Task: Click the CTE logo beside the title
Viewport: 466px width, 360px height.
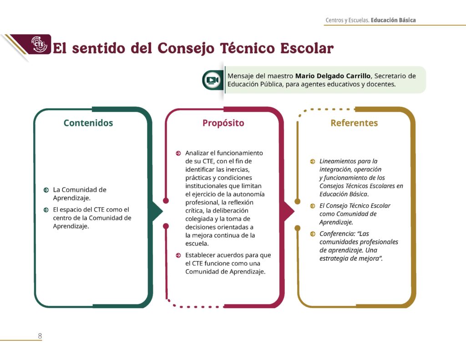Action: pyautogui.click(x=39, y=44)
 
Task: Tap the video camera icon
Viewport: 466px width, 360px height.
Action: pyautogui.click(x=213, y=80)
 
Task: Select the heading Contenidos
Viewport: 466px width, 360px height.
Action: pyautogui.click(x=88, y=123)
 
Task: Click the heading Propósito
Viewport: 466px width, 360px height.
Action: pyautogui.click(x=223, y=123)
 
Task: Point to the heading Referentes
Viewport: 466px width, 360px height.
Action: pyautogui.click(x=354, y=123)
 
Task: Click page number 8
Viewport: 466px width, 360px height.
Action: pyautogui.click(x=40, y=336)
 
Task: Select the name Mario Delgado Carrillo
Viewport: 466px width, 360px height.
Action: pyautogui.click(x=333, y=76)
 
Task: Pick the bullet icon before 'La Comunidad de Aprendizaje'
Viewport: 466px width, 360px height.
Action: pyautogui.click(x=46, y=190)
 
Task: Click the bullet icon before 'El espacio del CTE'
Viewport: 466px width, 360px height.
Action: pyautogui.click(x=46, y=210)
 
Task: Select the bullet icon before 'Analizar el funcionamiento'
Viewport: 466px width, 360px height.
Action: pyautogui.click(x=178, y=153)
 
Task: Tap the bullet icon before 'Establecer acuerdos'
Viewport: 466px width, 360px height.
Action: pyautogui.click(x=178, y=255)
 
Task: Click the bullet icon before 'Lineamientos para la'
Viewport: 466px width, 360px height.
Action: pyautogui.click(x=313, y=162)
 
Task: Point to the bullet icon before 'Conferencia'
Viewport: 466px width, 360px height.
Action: pyautogui.click(x=313, y=234)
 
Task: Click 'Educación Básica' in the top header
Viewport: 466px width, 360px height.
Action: pyautogui.click(x=393, y=20)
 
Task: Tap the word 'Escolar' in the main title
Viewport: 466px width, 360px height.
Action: pyautogui.click(x=307, y=48)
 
